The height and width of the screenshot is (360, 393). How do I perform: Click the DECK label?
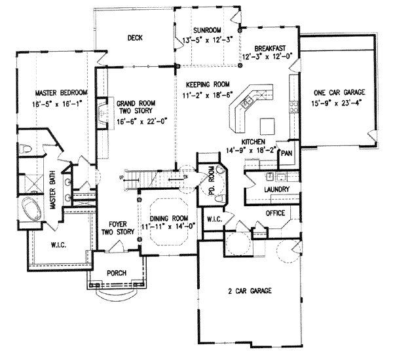tap(134, 38)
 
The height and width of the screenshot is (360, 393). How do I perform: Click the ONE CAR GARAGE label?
tap(339, 91)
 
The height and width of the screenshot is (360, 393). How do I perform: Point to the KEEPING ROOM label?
tap(209, 85)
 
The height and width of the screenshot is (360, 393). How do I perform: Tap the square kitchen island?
tap(267, 124)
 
